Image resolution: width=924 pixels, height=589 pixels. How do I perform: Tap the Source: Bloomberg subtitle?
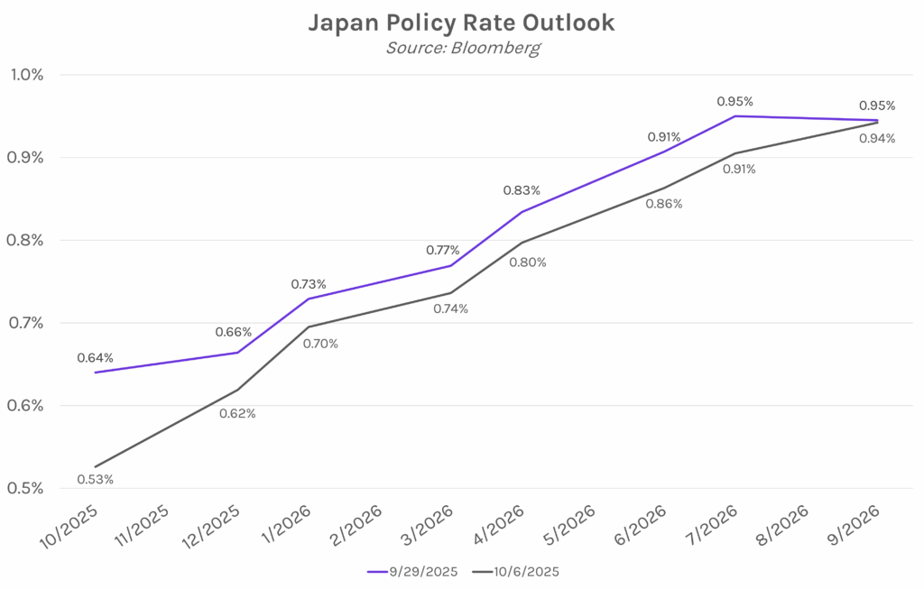(x=462, y=48)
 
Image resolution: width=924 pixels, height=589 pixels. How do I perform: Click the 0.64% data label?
(x=96, y=356)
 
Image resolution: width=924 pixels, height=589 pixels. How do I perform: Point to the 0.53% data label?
(x=96, y=479)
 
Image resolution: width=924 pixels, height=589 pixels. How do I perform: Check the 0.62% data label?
(x=238, y=413)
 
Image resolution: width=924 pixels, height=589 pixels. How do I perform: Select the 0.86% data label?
(x=664, y=204)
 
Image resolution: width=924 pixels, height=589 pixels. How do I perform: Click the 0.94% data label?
(x=877, y=138)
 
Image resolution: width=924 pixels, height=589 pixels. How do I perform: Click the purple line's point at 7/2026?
(x=735, y=115)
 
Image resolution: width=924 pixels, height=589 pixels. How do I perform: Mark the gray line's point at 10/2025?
(x=96, y=466)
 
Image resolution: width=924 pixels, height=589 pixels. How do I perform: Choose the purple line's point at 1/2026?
(x=309, y=299)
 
